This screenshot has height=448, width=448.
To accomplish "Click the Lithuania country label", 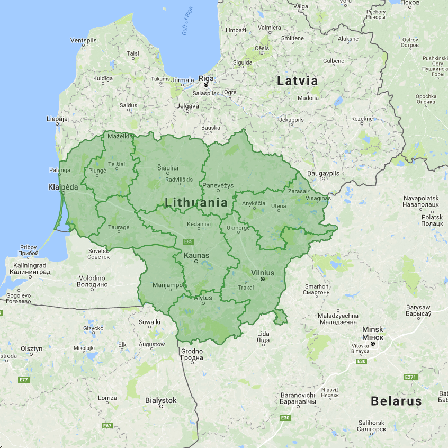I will click(196, 202).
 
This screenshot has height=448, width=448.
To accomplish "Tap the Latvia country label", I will click(297, 81).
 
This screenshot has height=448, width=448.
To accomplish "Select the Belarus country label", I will click(396, 401).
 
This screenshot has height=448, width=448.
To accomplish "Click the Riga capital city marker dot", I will click(206, 85).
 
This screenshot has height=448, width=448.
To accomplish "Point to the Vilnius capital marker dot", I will click(262, 279).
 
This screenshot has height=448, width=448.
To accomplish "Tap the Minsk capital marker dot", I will click(373, 344).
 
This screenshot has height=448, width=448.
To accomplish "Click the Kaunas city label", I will click(196, 256).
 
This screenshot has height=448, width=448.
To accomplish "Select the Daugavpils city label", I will click(324, 173).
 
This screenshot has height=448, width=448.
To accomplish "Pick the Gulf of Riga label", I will click(189, 24).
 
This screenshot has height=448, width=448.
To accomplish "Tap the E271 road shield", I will click(410, 377).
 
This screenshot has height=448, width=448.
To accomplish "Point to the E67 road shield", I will click(107, 425).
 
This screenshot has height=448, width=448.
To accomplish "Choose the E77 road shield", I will click(23, 380).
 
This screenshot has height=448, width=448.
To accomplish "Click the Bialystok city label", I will click(160, 400).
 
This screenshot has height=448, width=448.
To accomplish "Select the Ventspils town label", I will click(84, 40).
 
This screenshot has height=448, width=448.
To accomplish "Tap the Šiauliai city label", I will click(168, 167).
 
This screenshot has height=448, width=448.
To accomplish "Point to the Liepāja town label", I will click(57, 119).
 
